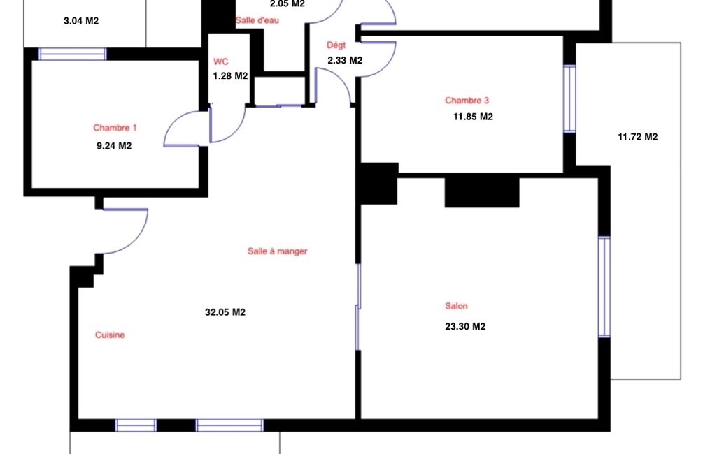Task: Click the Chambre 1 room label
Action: [x=115, y=128]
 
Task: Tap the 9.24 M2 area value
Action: [x=114, y=146]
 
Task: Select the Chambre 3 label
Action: [x=467, y=101]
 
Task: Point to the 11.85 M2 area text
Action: [x=474, y=117]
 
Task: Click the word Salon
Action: [x=456, y=306]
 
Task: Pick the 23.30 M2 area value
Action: [x=465, y=327]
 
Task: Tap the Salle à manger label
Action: [x=278, y=251]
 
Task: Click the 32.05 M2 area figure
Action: [x=225, y=312]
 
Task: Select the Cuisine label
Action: [x=110, y=335]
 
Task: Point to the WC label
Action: [x=221, y=61]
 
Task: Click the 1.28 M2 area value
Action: [x=230, y=76]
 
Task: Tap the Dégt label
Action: [x=336, y=45]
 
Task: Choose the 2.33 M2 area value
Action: [x=346, y=60]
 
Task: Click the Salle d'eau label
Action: [x=257, y=20]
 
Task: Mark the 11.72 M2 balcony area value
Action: [x=638, y=137]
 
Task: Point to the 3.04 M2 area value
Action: [x=81, y=21]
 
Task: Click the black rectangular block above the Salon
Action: [x=482, y=192]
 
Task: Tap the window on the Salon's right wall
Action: [x=604, y=287]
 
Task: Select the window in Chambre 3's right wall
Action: [x=569, y=98]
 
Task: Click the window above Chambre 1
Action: [x=73, y=54]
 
